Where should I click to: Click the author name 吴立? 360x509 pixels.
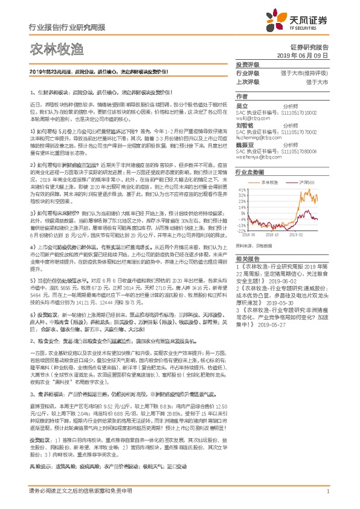242,105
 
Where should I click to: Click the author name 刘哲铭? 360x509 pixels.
244,125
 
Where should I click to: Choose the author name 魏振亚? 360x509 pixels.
244,144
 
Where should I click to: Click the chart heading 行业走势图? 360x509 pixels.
249,172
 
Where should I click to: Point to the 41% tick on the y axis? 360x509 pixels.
242,189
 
